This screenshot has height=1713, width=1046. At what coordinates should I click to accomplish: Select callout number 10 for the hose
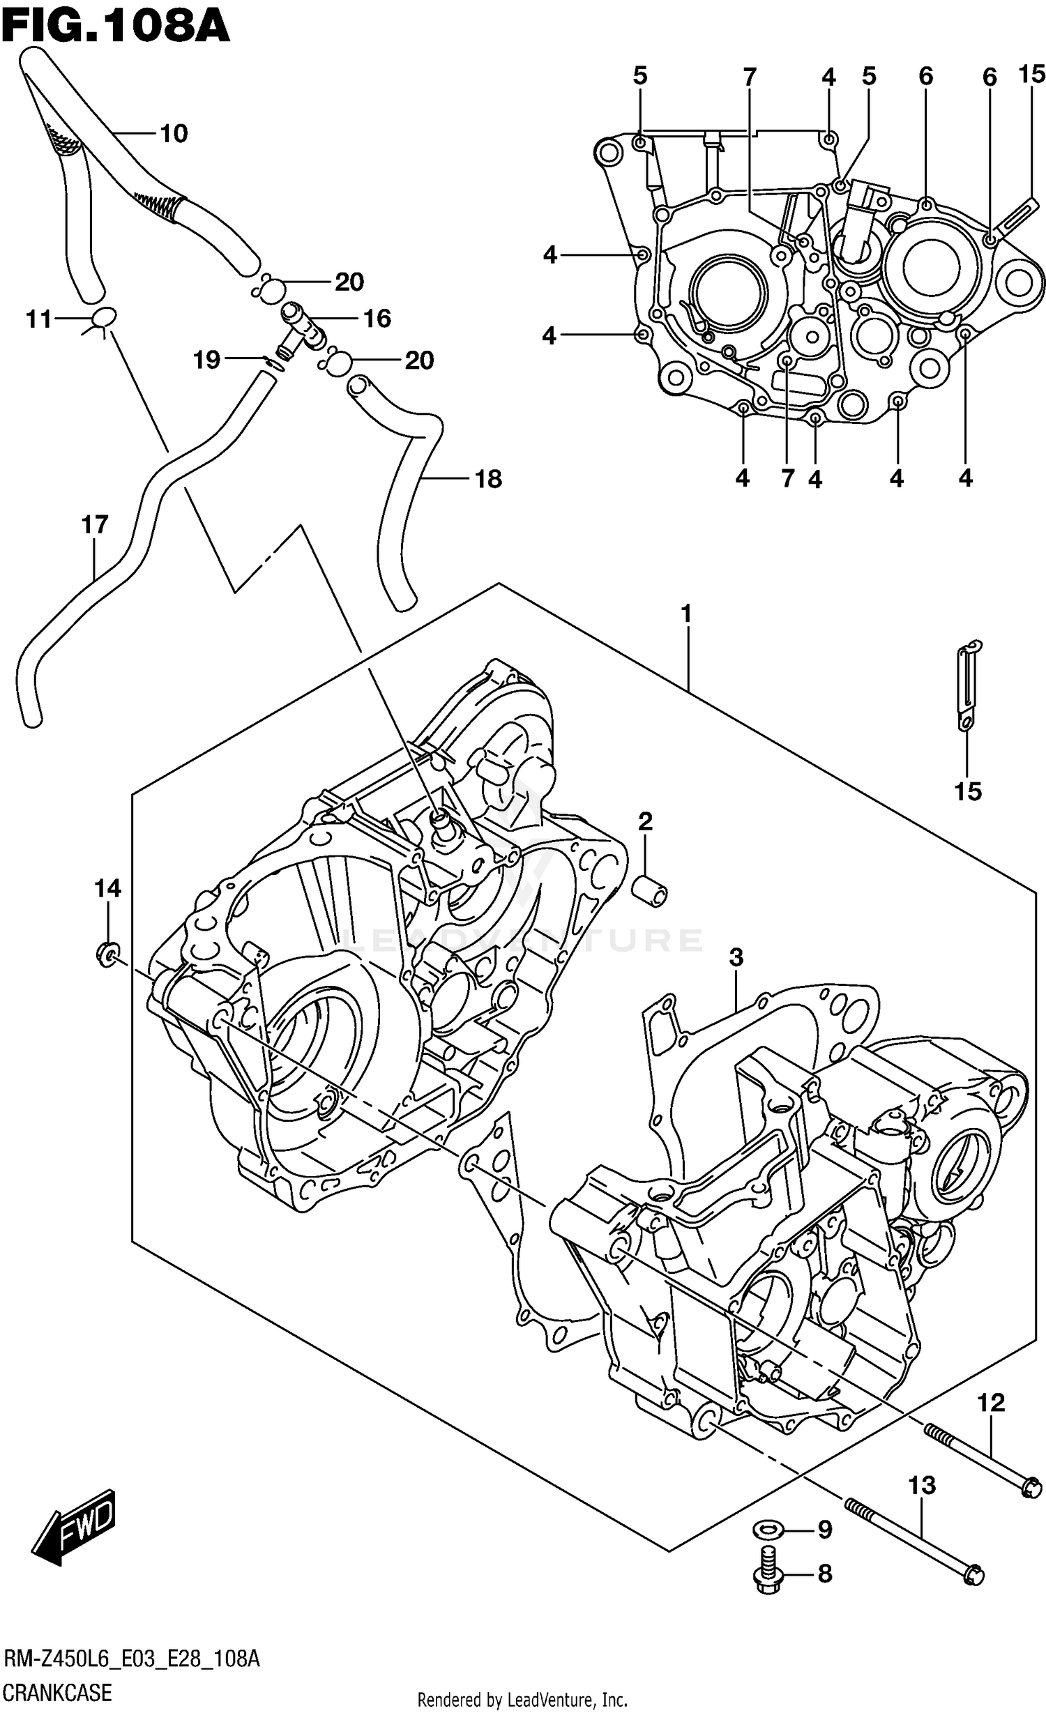[174, 133]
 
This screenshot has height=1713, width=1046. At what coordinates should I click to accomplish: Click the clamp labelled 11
[103, 317]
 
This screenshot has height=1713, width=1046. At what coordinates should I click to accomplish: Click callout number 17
[95, 524]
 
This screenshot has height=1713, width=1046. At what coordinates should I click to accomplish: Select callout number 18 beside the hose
[487, 479]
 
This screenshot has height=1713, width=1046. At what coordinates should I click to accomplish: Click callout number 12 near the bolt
[990, 1403]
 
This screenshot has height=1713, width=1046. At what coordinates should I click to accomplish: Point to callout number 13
[921, 1485]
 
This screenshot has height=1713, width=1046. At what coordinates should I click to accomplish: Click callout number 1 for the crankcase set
[686, 614]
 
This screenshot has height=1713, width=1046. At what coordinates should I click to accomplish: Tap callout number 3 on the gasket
[736, 957]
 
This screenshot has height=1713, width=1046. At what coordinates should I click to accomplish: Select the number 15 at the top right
[1031, 74]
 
